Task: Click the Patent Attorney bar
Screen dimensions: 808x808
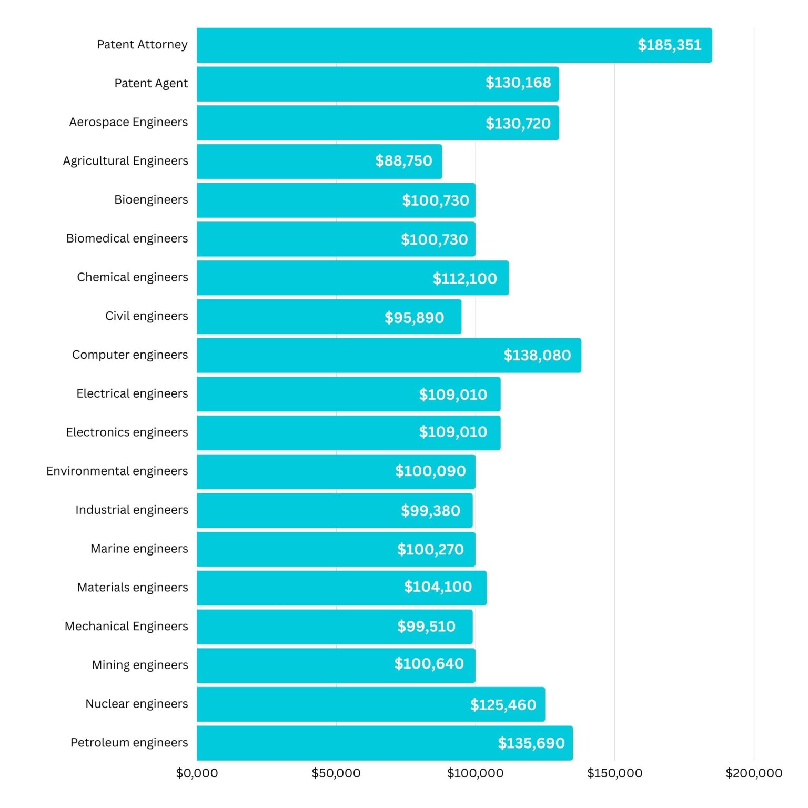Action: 410,45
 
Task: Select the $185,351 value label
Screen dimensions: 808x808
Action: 669,45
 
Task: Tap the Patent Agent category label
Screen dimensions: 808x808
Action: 151,83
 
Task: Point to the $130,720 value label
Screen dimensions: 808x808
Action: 518,124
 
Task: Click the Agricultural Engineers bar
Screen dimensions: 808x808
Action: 284,161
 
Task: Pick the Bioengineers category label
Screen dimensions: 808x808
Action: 151,200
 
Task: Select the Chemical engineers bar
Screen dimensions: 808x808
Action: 316,278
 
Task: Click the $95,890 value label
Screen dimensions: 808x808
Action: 414,318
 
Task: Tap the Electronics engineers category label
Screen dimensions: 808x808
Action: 127,432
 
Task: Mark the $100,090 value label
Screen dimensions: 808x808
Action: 430,471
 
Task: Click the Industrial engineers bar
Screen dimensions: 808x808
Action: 295,510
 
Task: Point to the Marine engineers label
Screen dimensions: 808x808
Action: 139,549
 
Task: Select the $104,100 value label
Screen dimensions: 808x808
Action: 438,587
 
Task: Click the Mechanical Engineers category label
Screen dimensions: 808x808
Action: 126,626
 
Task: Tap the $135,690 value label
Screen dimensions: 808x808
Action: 531,743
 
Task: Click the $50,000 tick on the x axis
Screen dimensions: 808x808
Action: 336,773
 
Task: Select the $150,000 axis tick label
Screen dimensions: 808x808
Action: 614,773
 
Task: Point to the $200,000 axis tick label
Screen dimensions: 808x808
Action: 753,773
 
